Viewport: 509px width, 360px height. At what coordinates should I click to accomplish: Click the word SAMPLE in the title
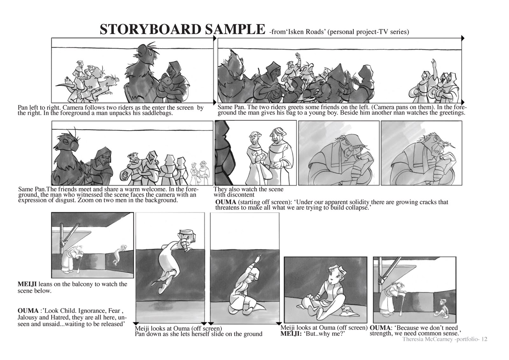click(235, 29)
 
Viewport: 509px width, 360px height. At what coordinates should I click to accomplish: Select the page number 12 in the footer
click(484, 339)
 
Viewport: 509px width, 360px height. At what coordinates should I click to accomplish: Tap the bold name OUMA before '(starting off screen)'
click(226, 202)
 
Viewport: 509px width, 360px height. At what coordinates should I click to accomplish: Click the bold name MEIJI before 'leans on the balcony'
click(27, 284)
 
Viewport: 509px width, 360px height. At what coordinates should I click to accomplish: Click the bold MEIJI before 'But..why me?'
click(290, 334)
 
